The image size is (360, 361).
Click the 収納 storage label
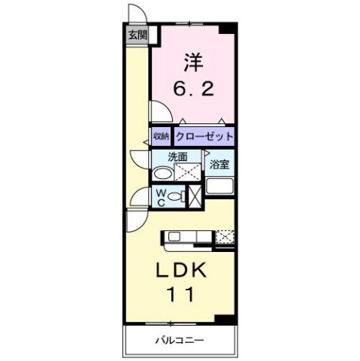click(x=161, y=137)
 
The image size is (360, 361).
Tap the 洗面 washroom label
click(x=177, y=157)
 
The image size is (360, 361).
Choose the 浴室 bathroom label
click(x=219, y=164)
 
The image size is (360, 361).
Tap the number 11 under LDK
click(x=183, y=296)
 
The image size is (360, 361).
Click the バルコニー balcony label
click(x=181, y=340)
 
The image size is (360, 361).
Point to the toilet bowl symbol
click(x=175, y=197)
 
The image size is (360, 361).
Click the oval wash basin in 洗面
click(x=161, y=173)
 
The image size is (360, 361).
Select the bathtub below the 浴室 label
click(x=219, y=187)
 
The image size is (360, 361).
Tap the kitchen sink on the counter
click(x=174, y=238)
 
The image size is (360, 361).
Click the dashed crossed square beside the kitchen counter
click(x=225, y=238)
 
